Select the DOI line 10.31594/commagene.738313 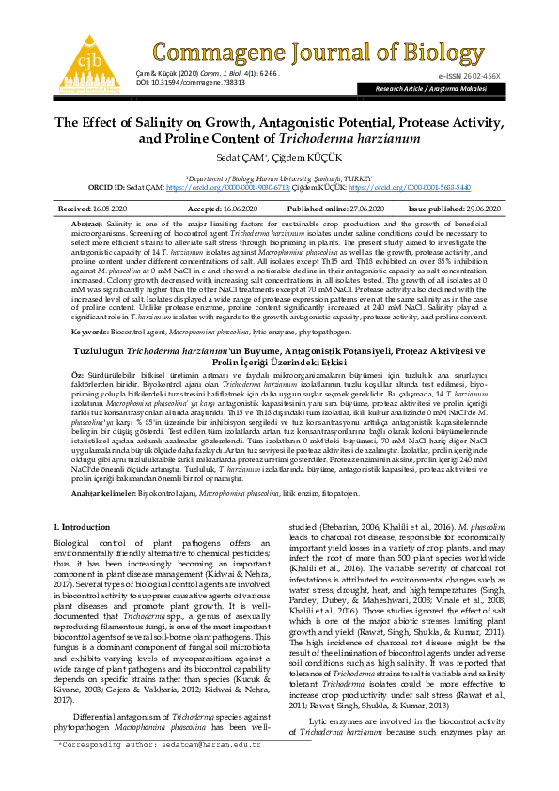[185, 83]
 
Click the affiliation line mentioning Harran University [279, 176]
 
